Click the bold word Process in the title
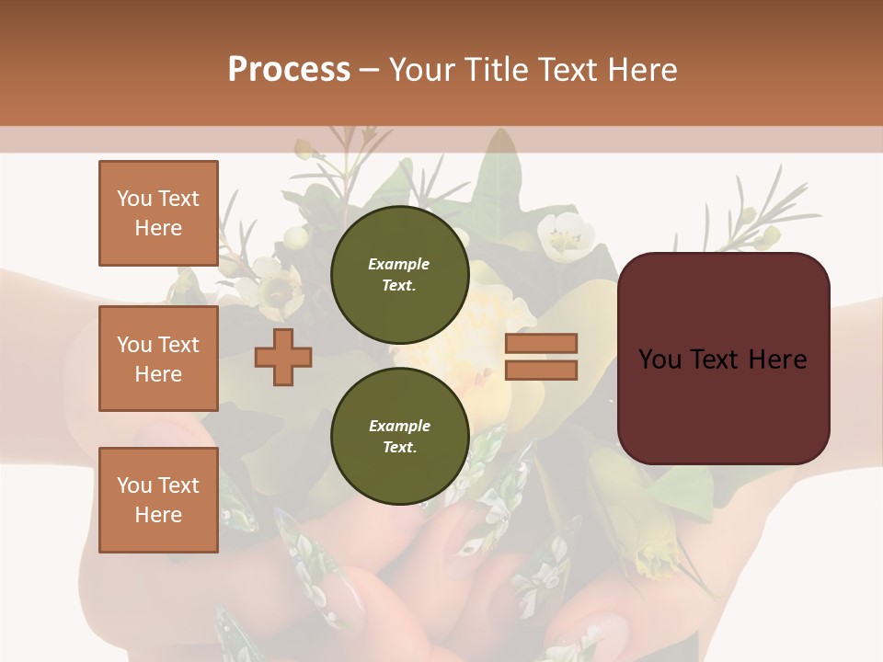coord(289,70)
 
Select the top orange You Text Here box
coord(158,213)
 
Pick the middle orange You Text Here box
coord(158,359)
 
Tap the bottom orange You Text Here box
coord(158,499)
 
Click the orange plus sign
coord(283,357)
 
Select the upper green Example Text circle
coord(399,274)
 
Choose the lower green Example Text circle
coord(399,436)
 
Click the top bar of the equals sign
coord(541,343)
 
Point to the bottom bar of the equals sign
coord(541,371)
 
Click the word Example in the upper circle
coord(399,264)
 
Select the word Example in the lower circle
coord(399,426)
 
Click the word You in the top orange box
coord(134,199)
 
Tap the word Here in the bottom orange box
coord(158,515)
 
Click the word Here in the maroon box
coord(778,360)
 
